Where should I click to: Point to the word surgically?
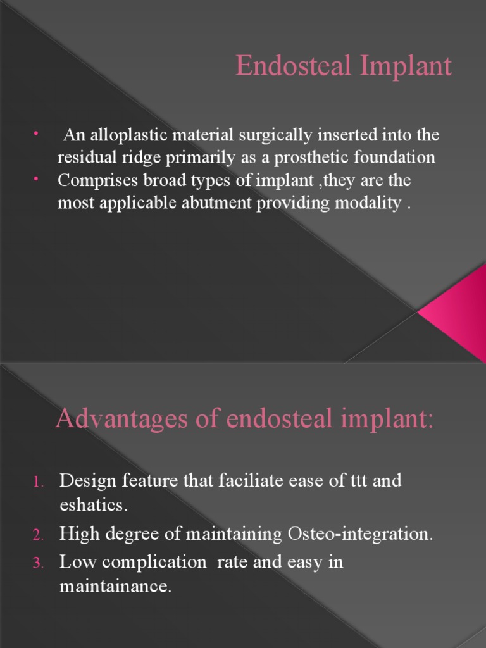pyautogui.click(x=270, y=135)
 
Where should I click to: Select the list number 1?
pyautogui.click(x=37, y=482)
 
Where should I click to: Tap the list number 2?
pyautogui.click(x=37, y=535)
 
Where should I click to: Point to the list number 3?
pyautogui.click(x=37, y=563)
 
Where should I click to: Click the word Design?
pyautogui.click(x=88, y=481)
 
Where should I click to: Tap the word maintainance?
pyautogui.click(x=115, y=587)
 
